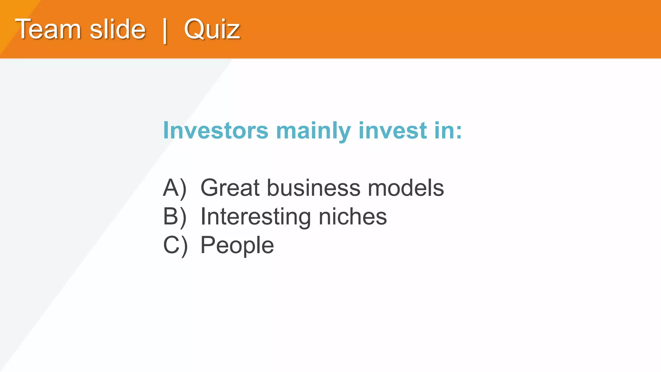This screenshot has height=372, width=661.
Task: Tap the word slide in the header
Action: click(x=117, y=29)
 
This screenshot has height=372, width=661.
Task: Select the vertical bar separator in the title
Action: click(x=165, y=31)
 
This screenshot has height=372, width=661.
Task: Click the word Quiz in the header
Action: click(x=212, y=29)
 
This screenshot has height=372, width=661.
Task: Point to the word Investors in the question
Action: click(x=216, y=130)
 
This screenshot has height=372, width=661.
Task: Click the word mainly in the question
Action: click(x=313, y=131)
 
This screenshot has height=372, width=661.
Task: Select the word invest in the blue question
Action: click(x=392, y=130)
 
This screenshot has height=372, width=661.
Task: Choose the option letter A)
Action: click(x=175, y=188)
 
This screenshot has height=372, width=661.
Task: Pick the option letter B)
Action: click(x=175, y=216)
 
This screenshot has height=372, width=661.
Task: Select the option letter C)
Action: click(x=175, y=245)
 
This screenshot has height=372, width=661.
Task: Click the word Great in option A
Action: click(x=230, y=188)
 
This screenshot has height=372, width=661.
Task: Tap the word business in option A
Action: click(x=313, y=188)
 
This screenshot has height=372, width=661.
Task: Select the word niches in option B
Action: click(x=353, y=216)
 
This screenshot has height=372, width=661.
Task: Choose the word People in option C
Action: click(x=237, y=246)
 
